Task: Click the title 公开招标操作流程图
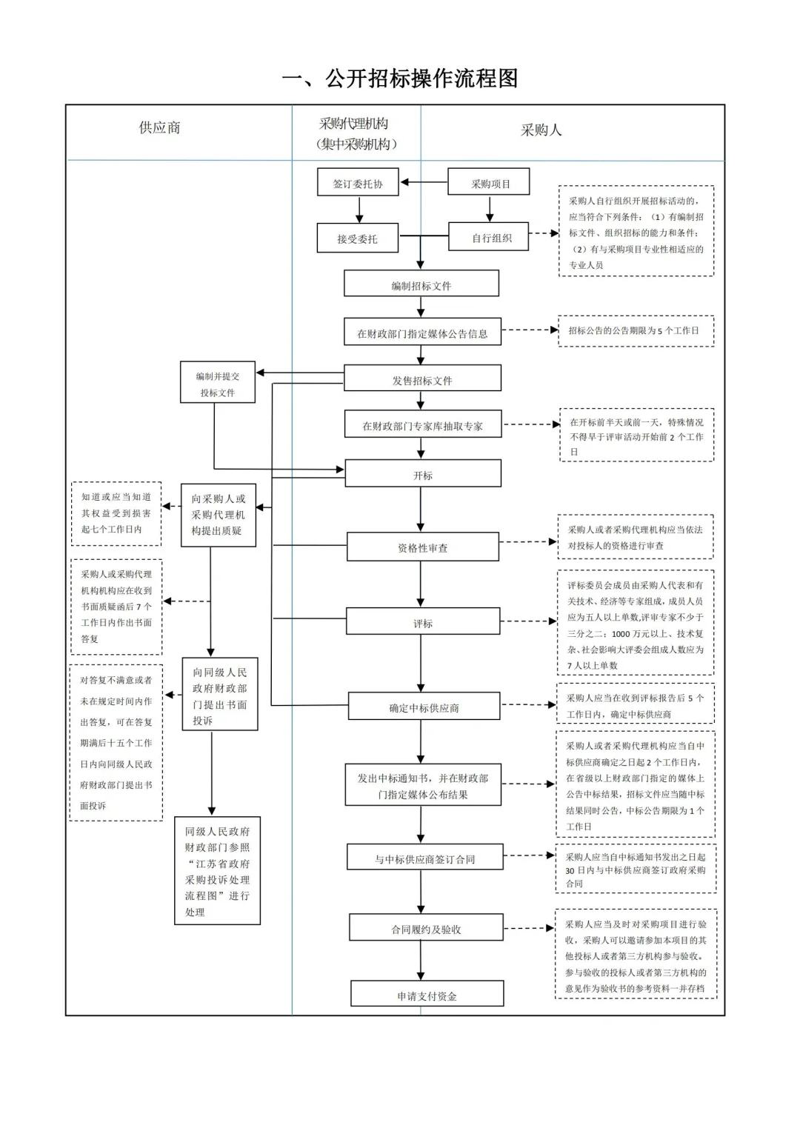pyautogui.click(x=400, y=79)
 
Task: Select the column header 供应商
pyautogui.click(x=159, y=127)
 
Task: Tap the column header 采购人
pyautogui.click(x=541, y=130)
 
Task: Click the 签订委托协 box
pyautogui.click(x=358, y=183)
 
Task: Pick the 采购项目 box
pyautogui.click(x=489, y=183)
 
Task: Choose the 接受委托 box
pyautogui.click(x=357, y=238)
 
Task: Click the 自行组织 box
pyautogui.click(x=489, y=238)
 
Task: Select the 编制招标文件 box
pyautogui.click(x=421, y=284)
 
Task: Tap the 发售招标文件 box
pyautogui.click(x=422, y=379)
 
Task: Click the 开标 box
pyautogui.click(x=422, y=474)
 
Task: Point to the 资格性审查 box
pyautogui.click(x=422, y=547)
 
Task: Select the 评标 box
pyautogui.click(x=422, y=622)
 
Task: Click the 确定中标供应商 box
pyautogui.click(x=424, y=707)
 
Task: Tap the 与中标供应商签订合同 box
pyautogui.click(x=424, y=858)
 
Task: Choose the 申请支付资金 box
pyautogui.click(x=427, y=995)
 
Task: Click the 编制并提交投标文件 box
pyautogui.click(x=218, y=384)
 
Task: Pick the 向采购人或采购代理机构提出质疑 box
pyautogui.click(x=218, y=515)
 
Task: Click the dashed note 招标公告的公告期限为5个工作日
pyautogui.click(x=636, y=330)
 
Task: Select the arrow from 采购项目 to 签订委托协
pyautogui.click(x=424, y=182)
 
